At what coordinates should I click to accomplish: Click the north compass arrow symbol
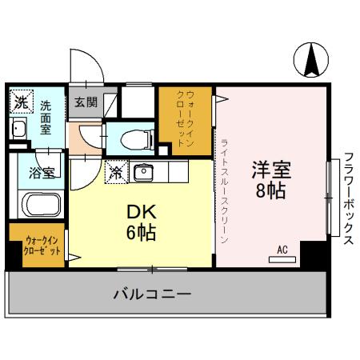point(312,59)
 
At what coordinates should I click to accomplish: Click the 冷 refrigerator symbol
point(117,170)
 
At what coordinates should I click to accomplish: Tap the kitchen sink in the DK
point(144,171)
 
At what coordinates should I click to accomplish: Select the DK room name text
point(141,214)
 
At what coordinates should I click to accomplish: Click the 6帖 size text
point(141,234)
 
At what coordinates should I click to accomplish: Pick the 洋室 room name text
point(270,171)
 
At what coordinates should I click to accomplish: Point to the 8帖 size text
point(270,192)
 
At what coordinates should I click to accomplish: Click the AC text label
point(282,249)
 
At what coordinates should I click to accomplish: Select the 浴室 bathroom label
point(40,171)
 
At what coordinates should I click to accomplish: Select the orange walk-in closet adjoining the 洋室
point(185,120)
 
